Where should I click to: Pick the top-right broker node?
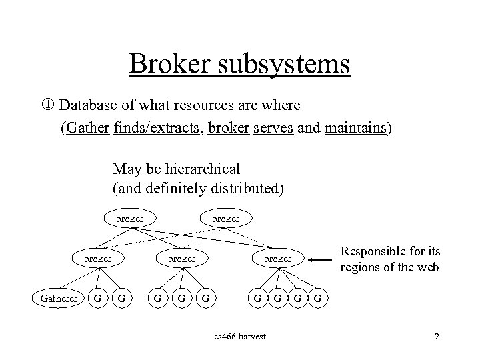(x=225, y=218)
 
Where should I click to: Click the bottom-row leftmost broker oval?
(x=97, y=258)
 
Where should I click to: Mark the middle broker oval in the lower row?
(x=181, y=258)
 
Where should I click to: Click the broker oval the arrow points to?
(x=277, y=258)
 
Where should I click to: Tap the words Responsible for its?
(x=389, y=252)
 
